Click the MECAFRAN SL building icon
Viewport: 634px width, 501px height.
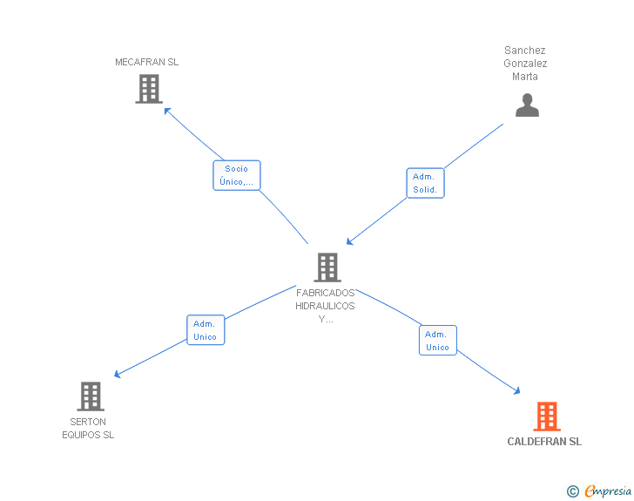149,89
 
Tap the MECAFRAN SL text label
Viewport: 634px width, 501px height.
147,62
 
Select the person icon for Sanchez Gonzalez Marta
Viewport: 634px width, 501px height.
527,105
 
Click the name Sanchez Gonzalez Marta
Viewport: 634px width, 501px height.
525,63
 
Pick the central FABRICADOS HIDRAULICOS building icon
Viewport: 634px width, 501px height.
327,267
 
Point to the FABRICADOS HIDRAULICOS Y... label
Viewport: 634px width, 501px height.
325,306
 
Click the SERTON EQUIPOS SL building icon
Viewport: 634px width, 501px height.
91,396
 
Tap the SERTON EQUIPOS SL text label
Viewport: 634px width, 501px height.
88,428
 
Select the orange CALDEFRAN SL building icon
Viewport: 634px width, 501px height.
547,416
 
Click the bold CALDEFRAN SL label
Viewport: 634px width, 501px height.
544,442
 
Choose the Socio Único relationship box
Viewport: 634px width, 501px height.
237,175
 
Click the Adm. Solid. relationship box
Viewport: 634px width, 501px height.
425,183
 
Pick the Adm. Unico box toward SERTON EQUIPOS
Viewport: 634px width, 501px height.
206,330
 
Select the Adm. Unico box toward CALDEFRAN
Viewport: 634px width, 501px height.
437,341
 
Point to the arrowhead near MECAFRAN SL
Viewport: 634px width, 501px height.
167,111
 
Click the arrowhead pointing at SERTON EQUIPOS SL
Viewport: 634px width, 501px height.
118,375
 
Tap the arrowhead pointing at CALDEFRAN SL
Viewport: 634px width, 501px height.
516,390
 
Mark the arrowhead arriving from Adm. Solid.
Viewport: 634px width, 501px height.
350,241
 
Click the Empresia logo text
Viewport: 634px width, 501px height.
607,491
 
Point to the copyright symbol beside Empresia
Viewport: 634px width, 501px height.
572,491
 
